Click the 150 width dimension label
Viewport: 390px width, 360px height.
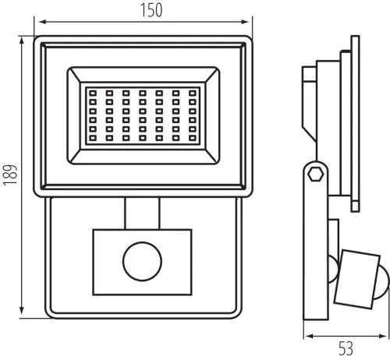pyautogui.click(x=151, y=10)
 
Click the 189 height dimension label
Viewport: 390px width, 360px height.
pyautogui.click(x=10, y=175)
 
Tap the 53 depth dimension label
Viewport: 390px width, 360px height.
pyautogui.click(x=346, y=348)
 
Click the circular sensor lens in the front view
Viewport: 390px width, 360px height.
pyautogui.click(x=143, y=262)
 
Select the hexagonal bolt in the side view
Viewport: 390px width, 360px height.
pyautogui.click(x=316, y=174)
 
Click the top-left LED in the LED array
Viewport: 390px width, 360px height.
pyautogui.click(x=93, y=94)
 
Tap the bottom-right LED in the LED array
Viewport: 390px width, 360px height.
pyautogui.click(x=193, y=138)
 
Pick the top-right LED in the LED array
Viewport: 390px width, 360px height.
pyautogui.click(x=193, y=94)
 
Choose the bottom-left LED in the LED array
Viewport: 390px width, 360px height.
pyautogui.click(x=93, y=138)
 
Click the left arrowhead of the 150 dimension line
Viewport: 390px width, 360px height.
pyautogui.click(x=42, y=22)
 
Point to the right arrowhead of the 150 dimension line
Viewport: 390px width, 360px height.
pyautogui.click(x=245, y=22)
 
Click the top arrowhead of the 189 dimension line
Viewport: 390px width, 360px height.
pyautogui.click(x=22, y=41)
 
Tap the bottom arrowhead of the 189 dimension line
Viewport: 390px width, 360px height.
pyautogui.click(x=22, y=311)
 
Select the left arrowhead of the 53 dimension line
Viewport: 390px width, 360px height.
pyautogui.click(x=309, y=337)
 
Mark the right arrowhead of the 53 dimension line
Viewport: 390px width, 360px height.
pyautogui.click(x=383, y=337)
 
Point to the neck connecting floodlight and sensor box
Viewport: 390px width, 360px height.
pyautogui.click(x=142, y=214)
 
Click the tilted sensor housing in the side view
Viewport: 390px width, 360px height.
pyautogui.click(x=357, y=279)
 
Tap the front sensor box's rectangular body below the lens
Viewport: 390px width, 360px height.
pyautogui.click(x=143, y=288)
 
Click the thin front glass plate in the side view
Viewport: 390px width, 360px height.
pyautogui.click(x=356, y=123)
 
